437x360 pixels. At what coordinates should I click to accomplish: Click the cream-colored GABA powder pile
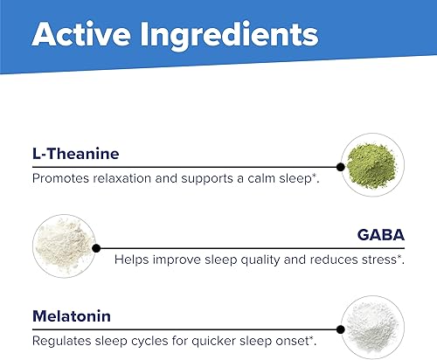pos(62,244)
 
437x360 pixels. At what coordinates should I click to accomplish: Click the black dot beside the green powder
pos(340,166)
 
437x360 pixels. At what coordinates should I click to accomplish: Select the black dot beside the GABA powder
pos(95,246)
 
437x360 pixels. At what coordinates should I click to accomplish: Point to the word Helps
pos(131,259)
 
